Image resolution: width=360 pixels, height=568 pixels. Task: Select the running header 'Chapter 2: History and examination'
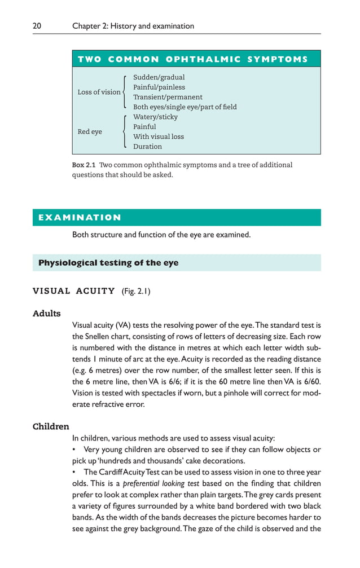(133, 26)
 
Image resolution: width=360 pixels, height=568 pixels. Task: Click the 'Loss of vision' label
(99, 92)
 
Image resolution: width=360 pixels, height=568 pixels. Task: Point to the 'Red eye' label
(90, 131)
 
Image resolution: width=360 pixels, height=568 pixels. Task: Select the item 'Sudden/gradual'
(159, 77)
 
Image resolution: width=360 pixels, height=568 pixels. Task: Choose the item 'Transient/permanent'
(168, 97)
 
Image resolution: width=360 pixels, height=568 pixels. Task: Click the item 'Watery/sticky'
(155, 117)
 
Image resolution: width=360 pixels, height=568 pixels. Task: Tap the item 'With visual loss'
(159, 137)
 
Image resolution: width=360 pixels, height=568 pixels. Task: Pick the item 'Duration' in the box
(147, 147)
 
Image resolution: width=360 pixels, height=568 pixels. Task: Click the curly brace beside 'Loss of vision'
(125, 92)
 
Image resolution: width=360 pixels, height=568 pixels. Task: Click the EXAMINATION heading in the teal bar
(80, 218)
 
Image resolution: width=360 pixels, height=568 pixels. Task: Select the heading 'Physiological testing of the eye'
(108, 263)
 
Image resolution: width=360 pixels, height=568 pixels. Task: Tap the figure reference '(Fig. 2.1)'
(136, 292)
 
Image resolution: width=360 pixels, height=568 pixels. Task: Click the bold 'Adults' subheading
(47, 313)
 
